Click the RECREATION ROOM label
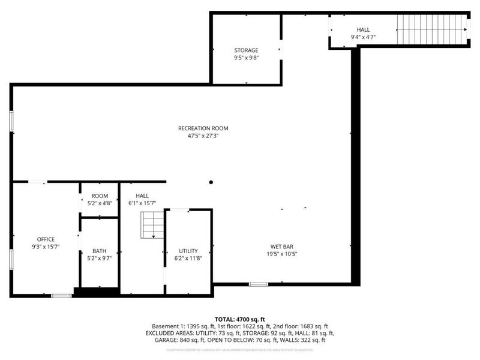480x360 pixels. click(203, 128)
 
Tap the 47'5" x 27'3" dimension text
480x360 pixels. click(203, 136)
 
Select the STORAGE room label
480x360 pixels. click(246, 50)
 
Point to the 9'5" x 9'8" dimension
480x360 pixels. click(246, 59)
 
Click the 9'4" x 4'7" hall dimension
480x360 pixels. click(364, 38)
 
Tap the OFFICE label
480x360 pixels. click(46, 239)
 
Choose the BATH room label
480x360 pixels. click(99, 251)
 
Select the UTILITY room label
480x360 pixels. click(188, 251)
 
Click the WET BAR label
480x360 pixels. click(281, 246)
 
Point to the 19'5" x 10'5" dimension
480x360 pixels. click(281, 254)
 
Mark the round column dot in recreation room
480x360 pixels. click(211, 182)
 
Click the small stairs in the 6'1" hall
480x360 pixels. click(152, 226)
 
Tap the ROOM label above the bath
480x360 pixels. click(100, 196)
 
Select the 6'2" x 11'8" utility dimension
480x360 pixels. click(188, 259)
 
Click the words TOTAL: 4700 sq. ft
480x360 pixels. click(240, 319)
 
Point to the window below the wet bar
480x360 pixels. click(258, 284)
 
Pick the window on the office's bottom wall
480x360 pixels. click(61, 295)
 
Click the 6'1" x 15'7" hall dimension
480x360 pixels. click(142, 204)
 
